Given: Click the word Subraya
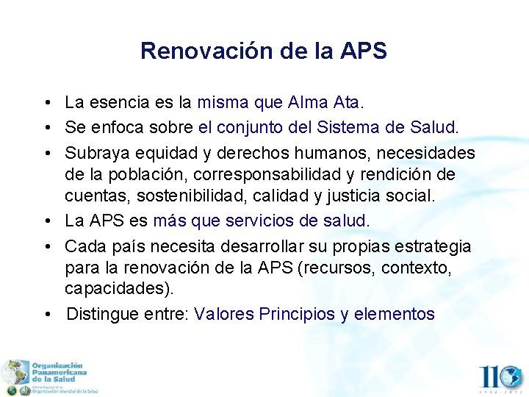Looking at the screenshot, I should coord(94,153).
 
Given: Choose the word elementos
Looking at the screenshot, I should coord(395,314).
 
